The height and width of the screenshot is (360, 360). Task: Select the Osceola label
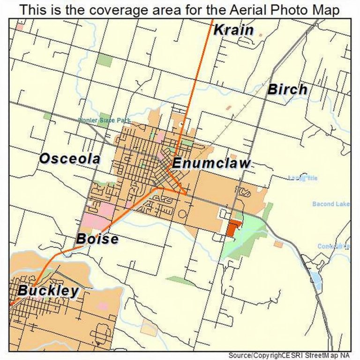coord(70,158)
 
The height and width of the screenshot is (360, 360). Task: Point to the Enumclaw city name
coord(211,164)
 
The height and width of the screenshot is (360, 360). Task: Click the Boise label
coord(97,239)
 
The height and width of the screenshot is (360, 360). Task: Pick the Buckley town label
coord(48,291)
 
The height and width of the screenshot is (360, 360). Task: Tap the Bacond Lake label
coord(330,204)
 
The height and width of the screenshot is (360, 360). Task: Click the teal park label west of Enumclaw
coord(104,120)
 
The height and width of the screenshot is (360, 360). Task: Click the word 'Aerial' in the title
coord(246,10)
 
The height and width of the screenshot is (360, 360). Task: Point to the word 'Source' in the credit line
coord(240,355)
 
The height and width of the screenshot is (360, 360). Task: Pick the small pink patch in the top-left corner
coord(19,27)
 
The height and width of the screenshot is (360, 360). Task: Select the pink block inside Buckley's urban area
coord(102,306)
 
